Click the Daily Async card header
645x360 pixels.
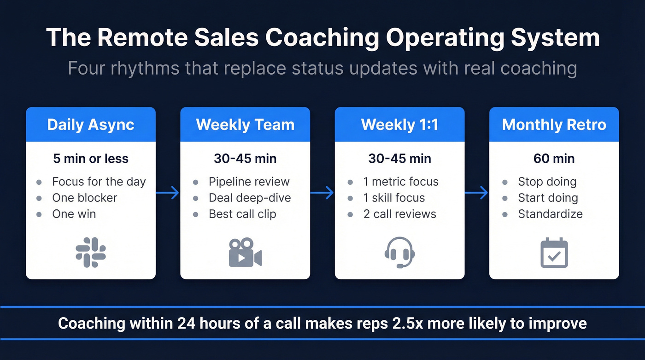91,124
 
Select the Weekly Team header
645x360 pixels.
245,124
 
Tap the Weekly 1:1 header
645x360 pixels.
399,124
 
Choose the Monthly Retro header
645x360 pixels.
554,124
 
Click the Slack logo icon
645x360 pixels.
91,252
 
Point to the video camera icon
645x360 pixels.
245,252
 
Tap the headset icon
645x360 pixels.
399,252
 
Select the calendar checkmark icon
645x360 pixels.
554,252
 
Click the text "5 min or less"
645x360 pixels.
91,159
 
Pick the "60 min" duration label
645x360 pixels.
554,159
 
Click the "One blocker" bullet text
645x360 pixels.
85,198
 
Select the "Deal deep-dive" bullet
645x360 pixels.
250,198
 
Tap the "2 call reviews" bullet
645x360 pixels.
399,214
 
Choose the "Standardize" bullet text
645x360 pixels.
550,214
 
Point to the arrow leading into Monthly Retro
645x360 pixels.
477,192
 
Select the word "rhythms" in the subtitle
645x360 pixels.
142,68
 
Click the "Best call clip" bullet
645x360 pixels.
242,214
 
